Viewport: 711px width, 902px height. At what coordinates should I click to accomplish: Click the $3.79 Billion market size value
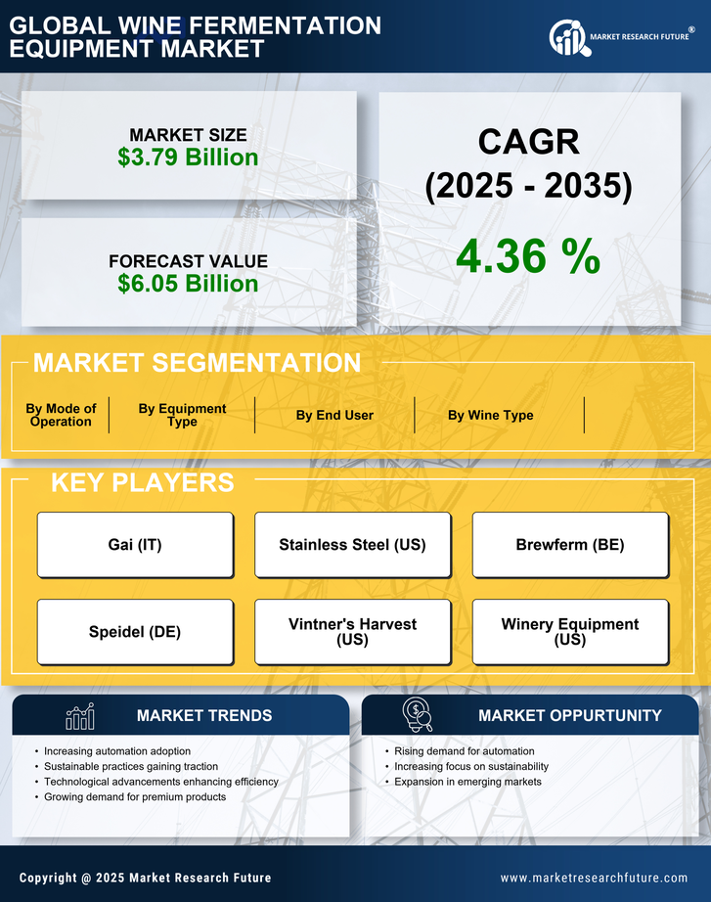[188, 158]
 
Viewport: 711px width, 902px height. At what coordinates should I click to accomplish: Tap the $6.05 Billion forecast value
[188, 284]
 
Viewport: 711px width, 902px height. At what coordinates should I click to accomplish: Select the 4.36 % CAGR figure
[528, 256]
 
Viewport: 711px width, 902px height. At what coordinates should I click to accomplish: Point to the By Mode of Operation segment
[61, 416]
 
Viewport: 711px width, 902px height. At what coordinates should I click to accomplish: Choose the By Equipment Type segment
[182, 416]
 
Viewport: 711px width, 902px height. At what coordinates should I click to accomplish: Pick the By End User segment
[334, 415]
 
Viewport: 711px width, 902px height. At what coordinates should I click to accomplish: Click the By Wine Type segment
[490, 415]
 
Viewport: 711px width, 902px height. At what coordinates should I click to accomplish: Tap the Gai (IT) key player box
[135, 545]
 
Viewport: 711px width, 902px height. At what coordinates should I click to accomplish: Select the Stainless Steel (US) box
[352, 545]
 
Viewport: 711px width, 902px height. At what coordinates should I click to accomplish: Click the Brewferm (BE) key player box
[570, 545]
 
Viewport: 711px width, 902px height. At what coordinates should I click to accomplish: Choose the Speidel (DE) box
[135, 632]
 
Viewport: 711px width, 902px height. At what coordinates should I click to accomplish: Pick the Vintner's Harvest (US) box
[352, 632]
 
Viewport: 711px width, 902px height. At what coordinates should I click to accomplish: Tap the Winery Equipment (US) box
[570, 632]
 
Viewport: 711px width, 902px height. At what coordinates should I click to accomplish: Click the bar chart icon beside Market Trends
[79, 716]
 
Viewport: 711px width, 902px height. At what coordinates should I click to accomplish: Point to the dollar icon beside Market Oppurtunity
[418, 715]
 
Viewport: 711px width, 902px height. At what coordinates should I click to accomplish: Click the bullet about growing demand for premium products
[135, 797]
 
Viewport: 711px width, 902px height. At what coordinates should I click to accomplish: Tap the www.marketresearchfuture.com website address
[594, 878]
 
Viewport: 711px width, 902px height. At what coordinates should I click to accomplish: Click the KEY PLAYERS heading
[142, 482]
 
